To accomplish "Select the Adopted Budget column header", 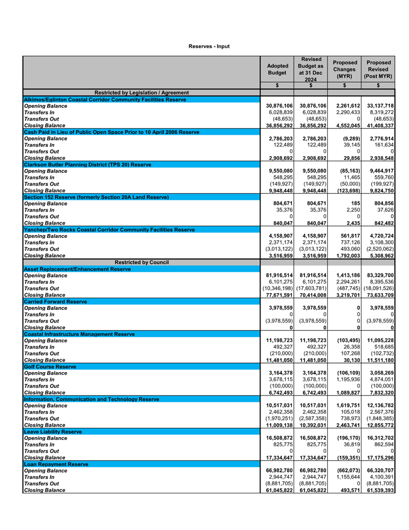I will point(276,70).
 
